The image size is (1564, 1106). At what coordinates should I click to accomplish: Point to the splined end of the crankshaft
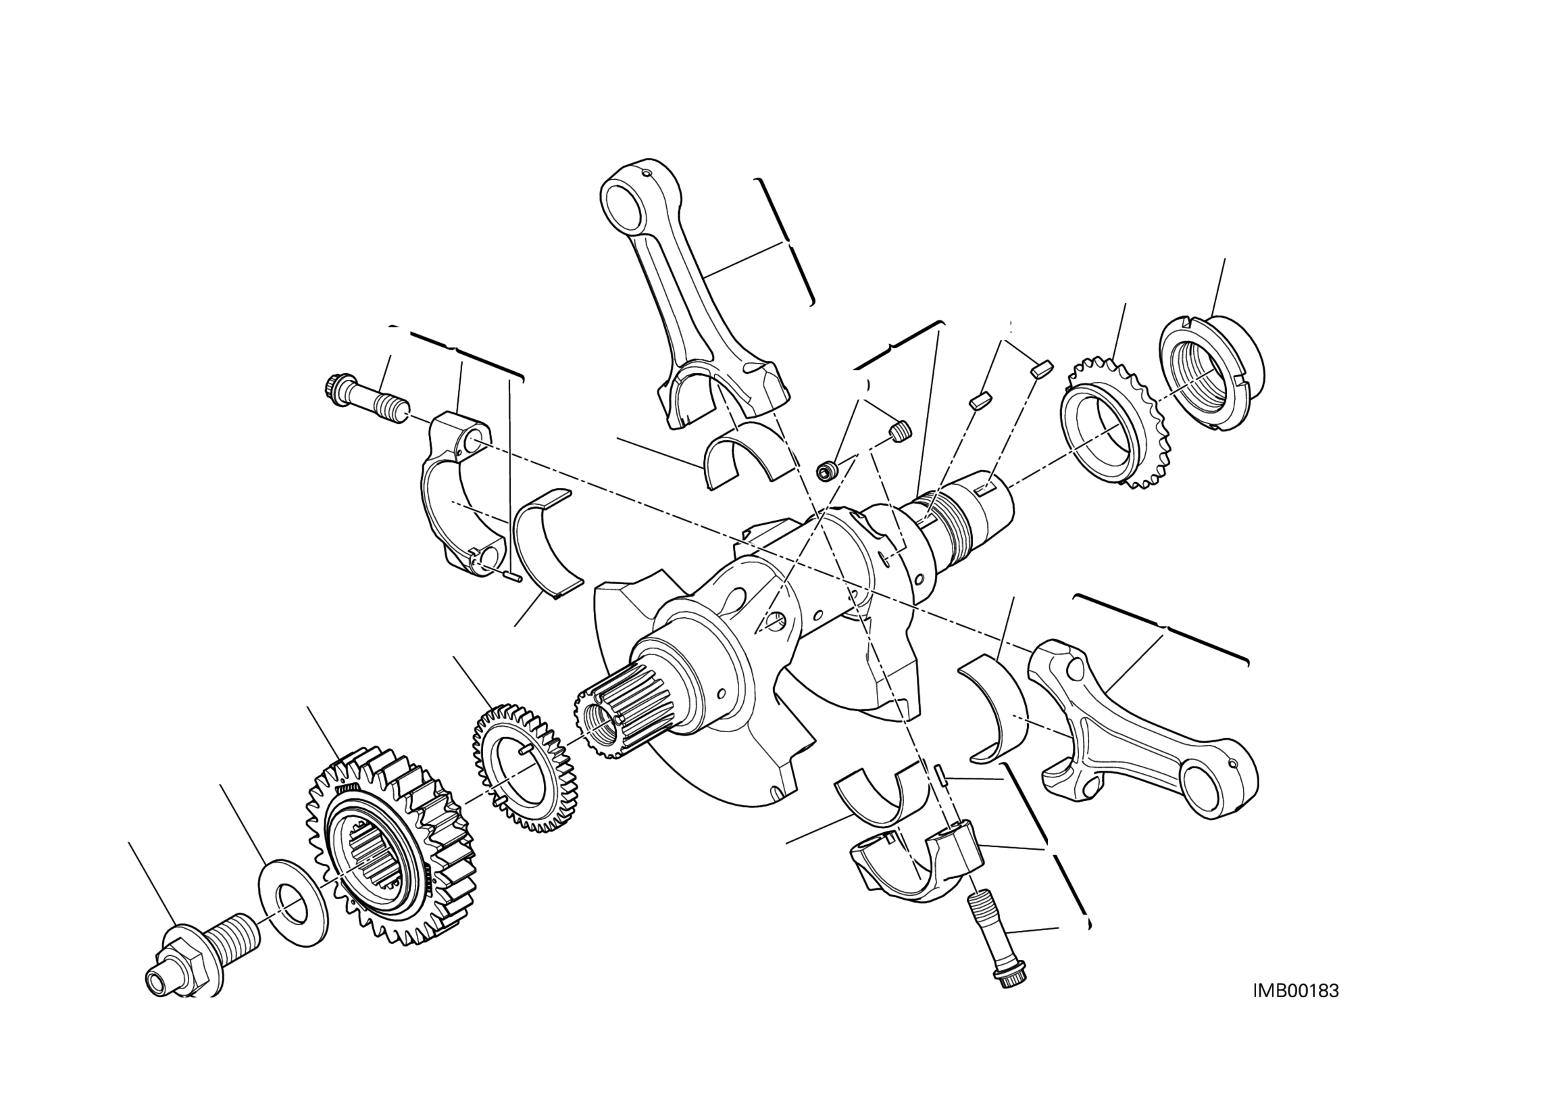click(x=613, y=719)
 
